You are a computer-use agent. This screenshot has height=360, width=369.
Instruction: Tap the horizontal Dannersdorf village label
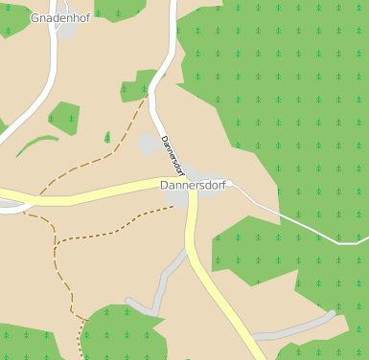[193, 185]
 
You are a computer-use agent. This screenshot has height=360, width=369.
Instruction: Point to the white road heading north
[171, 48]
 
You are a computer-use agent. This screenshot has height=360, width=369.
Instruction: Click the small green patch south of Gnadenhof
[63, 118]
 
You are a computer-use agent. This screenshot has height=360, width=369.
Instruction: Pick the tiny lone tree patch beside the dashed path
[106, 138]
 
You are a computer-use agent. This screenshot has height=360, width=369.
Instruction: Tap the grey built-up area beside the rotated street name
[149, 144]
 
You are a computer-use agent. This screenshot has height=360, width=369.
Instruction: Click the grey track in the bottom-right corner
[297, 329]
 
